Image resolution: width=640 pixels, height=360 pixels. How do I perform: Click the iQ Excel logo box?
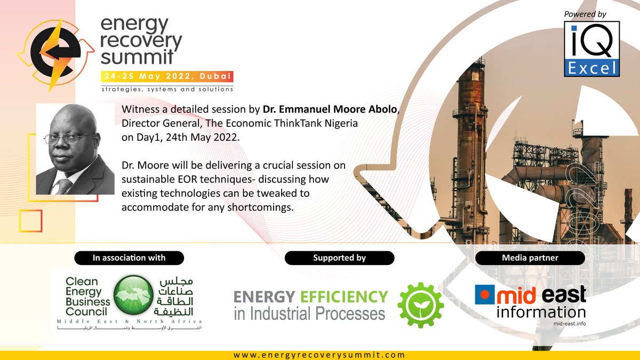pyautogui.click(x=591, y=49)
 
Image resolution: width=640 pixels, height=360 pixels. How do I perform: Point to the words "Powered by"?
pyautogui.click(x=587, y=14)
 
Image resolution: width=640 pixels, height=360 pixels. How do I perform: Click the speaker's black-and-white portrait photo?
pyautogui.click(x=75, y=149)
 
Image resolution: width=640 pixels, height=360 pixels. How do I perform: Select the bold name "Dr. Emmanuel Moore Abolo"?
pyautogui.click(x=330, y=110)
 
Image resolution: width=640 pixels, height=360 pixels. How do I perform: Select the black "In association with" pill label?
pyautogui.click(x=129, y=258)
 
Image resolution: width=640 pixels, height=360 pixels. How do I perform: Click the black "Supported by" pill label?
pyautogui.click(x=339, y=258)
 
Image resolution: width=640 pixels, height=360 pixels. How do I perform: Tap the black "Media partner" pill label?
pyautogui.click(x=530, y=258)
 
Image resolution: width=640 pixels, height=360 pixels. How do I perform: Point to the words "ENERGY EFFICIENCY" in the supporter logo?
pyautogui.click(x=311, y=296)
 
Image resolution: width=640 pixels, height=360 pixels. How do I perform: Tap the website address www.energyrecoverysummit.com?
pyautogui.click(x=319, y=355)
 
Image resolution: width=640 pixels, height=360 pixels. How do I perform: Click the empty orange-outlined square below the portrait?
pyautogui.click(x=30, y=221)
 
